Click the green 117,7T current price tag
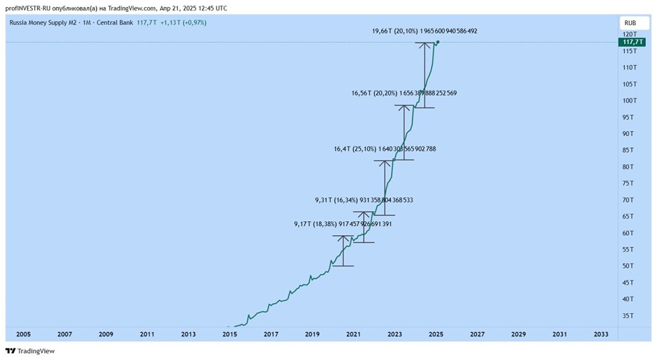[629, 41]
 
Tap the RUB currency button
[629, 22]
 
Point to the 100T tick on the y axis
[629, 101]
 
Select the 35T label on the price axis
[628, 316]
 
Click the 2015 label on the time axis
[229, 334]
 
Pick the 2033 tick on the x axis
[600, 334]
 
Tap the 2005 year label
[23, 334]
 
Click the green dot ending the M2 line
[438, 42]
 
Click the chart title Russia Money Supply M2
[45, 23]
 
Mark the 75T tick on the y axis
[628, 183]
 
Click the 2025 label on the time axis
[436, 334]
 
